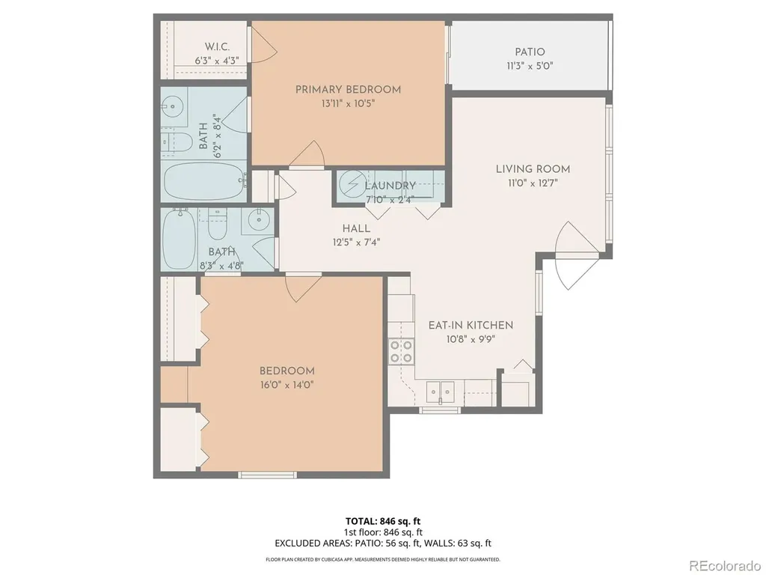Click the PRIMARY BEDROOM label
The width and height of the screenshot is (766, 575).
click(x=348, y=90)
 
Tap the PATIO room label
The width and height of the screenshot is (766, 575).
click(x=530, y=52)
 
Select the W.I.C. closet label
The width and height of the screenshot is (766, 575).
click(x=217, y=47)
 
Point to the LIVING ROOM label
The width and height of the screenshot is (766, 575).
click(x=533, y=169)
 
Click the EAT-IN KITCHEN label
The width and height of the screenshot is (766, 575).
click(x=471, y=325)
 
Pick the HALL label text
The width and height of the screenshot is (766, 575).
click(x=356, y=228)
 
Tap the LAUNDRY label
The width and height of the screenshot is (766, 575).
click(x=390, y=186)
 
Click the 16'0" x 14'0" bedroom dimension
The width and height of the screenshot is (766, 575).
click(x=287, y=385)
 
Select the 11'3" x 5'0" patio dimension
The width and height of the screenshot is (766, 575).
click(x=530, y=66)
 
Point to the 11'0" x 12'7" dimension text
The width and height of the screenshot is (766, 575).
click(x=533, y=183)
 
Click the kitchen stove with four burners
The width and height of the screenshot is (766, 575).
click(x=401, y=352)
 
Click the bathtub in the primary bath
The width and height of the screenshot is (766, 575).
click(x=203, y=181)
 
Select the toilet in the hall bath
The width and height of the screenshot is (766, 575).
click(x=218, y=223)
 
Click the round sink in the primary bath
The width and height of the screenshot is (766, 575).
click(x=173, y=105)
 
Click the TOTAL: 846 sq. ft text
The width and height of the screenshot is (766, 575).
click(x=383, y=521)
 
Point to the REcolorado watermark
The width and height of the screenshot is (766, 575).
click(x=724, y=566)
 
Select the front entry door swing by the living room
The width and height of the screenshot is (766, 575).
click(x=577, y=255)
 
